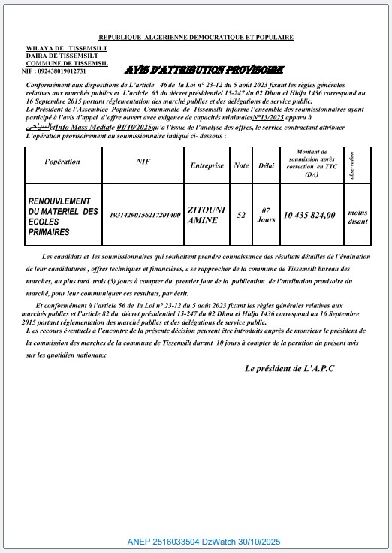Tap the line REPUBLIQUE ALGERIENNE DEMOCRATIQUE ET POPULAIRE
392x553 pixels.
[195, 38]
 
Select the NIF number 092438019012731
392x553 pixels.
[63, 71]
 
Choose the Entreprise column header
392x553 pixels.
[207, 165]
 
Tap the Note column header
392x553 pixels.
[241, 165]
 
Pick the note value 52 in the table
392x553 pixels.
[241, 216]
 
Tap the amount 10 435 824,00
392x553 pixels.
[309, 216]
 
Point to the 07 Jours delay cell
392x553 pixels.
[266, 216]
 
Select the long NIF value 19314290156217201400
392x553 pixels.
[145, 216]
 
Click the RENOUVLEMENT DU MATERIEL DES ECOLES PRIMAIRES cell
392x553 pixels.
[63, 216]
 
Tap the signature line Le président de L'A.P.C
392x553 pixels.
[290, 369]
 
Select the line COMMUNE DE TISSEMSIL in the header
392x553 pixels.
[66, 63]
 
